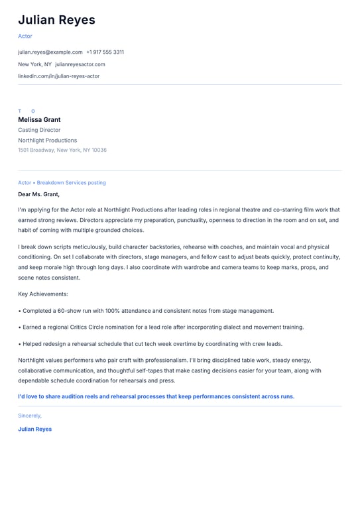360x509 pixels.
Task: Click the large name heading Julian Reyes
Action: point(56,21)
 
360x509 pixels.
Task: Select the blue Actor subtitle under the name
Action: point(25,36)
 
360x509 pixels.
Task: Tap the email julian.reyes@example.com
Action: point(50,52)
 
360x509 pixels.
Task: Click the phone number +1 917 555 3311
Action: point(105,52)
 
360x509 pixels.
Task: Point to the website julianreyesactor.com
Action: point(80,64)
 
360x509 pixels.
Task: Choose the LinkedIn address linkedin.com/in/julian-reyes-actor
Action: point(59,76)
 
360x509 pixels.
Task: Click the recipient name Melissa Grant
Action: point(39,120)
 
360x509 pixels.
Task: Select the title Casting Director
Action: point(39,130)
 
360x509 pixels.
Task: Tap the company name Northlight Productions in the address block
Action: point(47,141)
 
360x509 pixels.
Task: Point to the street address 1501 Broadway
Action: point(36,150)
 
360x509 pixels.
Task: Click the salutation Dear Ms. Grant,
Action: point(38,194)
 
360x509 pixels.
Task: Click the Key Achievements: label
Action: point(43,294)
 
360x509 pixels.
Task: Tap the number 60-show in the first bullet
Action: point(72,310)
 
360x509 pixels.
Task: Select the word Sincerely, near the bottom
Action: point(30,416)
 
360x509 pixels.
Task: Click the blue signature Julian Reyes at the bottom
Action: point(35,429)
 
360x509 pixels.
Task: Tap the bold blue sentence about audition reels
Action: point(156,396)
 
